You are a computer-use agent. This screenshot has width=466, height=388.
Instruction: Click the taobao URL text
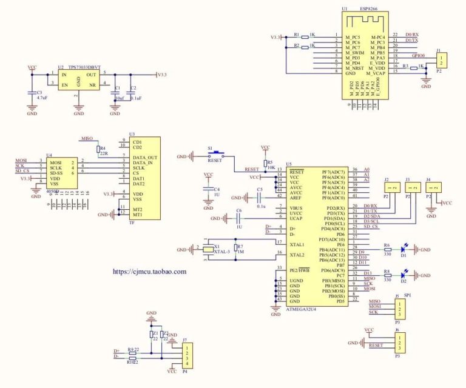click(x=150, y=272)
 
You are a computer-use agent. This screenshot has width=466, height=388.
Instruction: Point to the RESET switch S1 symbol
click(x=217, y=155)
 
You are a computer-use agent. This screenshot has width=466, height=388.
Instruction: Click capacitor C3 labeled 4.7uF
click(x=32, y=94)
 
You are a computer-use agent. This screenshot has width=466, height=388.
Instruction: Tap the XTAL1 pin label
click(x=297, y=244)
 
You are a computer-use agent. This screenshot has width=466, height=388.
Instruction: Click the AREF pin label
click(x=296, y=198)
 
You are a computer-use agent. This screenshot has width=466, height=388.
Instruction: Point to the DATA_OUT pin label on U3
click(x=146, y=158)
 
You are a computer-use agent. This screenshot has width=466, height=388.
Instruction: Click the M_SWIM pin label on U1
click(x=356, y=53)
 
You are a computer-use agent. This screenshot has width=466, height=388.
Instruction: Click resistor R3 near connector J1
click(x=414, y=69)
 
